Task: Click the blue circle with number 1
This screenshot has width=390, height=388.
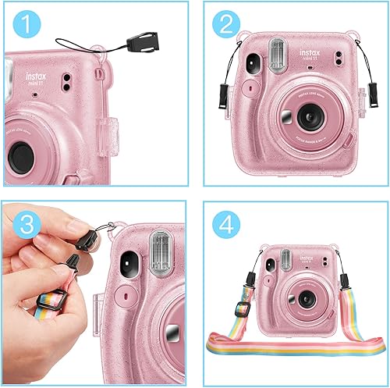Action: click(28, 27)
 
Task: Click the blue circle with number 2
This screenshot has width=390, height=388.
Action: click(227, 25)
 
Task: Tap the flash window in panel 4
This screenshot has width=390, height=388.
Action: click(285, 258)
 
